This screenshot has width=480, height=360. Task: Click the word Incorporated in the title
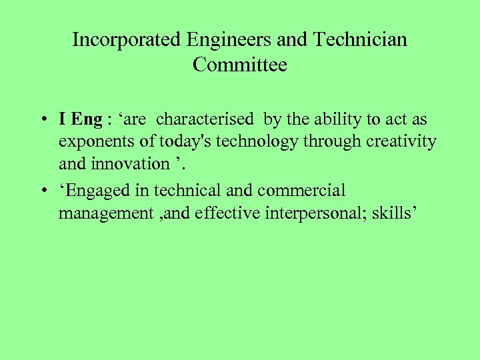(127, 40)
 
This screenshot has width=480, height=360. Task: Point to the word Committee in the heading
(240, 65)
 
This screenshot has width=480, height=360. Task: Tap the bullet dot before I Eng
(42, 121)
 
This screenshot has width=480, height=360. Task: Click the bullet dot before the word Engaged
(42, 191)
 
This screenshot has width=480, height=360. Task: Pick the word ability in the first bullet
(331, 120)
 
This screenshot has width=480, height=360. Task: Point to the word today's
(173, 142)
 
